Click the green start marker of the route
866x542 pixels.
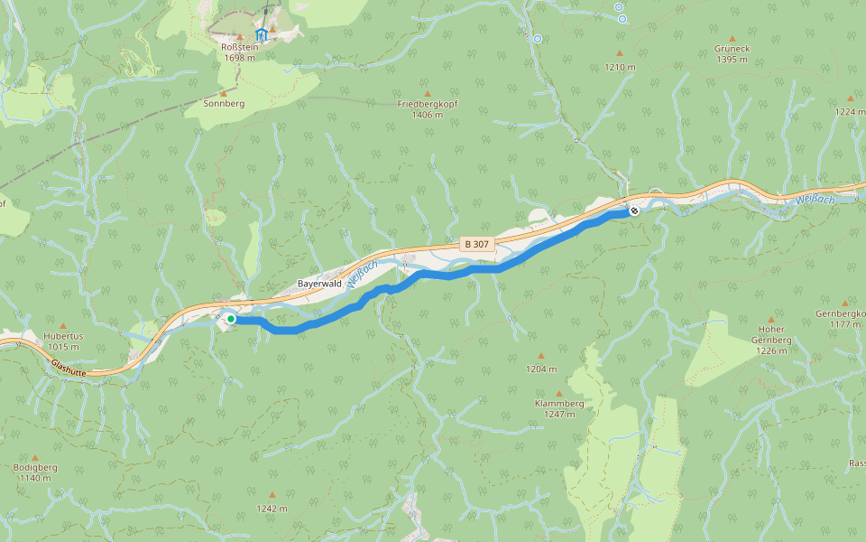[231, 319]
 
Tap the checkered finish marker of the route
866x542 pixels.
[634, 210]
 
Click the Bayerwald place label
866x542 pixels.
[318, 284]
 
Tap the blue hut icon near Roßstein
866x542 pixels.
[262, 34]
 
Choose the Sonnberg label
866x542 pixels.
[225, 104]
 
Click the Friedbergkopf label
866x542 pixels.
[428, 104]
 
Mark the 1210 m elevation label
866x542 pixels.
[620, 67]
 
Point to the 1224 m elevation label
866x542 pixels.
[850, 111]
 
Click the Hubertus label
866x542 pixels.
[63, 336]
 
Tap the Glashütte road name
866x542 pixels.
[69, 369]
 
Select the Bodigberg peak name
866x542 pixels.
[35, 467]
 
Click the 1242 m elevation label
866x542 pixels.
[272, 508]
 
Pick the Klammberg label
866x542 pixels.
[559, 403]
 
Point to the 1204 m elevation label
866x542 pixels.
[541, 369]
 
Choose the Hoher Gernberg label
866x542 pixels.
[771, 333]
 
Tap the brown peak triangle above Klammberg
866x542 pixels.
[559, 393]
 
